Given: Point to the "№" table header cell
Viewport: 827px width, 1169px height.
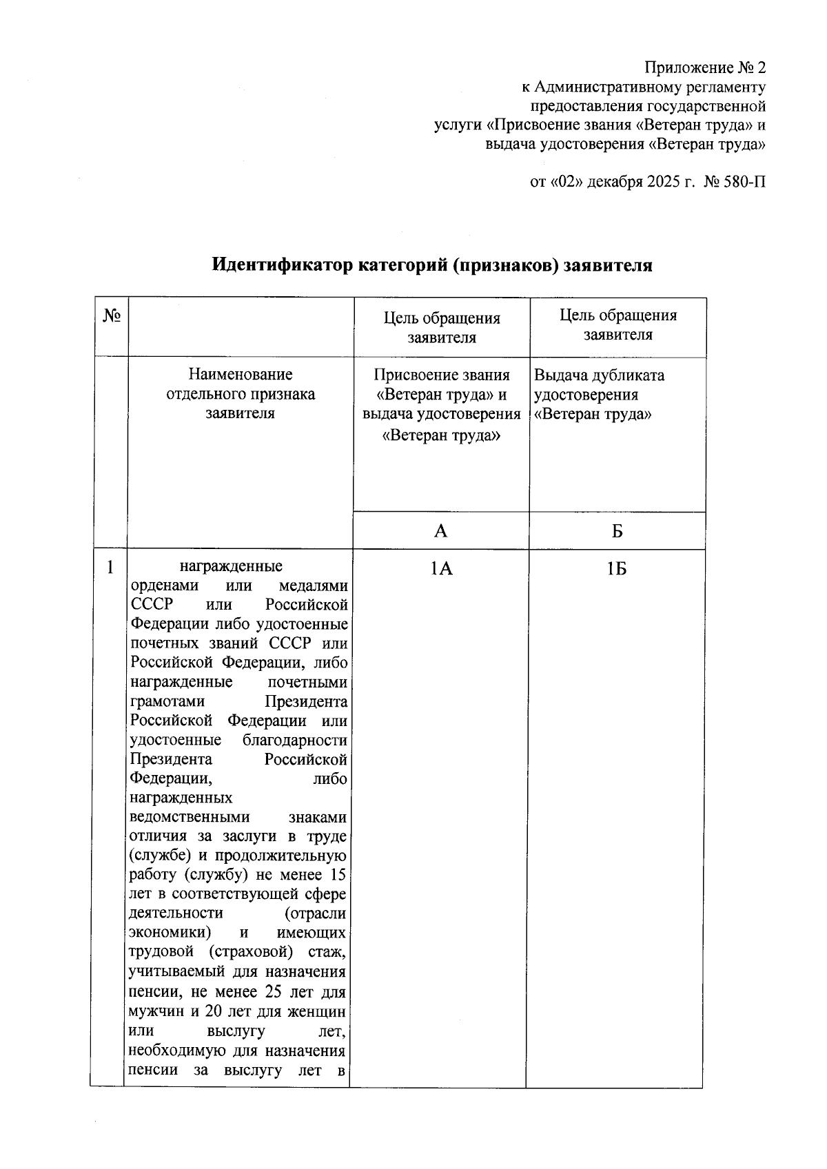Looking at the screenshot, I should pos(112,316).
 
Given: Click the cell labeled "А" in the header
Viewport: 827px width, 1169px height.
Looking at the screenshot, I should pos(441,530).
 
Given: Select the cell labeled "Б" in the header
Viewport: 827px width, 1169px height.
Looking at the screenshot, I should pos(617,531).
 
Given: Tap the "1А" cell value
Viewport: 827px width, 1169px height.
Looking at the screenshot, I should pos(441,568).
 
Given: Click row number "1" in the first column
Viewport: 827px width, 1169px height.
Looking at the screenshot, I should pos(110,568).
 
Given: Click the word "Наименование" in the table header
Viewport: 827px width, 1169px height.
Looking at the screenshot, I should pos(241,375).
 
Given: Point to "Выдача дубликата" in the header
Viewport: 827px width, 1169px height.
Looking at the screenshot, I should pos(600,376).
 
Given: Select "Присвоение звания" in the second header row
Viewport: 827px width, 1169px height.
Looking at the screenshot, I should pos(442,375).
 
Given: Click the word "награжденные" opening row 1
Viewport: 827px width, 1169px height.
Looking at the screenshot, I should pos(231,567).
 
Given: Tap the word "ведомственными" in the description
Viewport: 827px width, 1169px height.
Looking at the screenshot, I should pos(190,817).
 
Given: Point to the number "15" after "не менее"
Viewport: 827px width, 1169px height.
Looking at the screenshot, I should pos(338,875).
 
